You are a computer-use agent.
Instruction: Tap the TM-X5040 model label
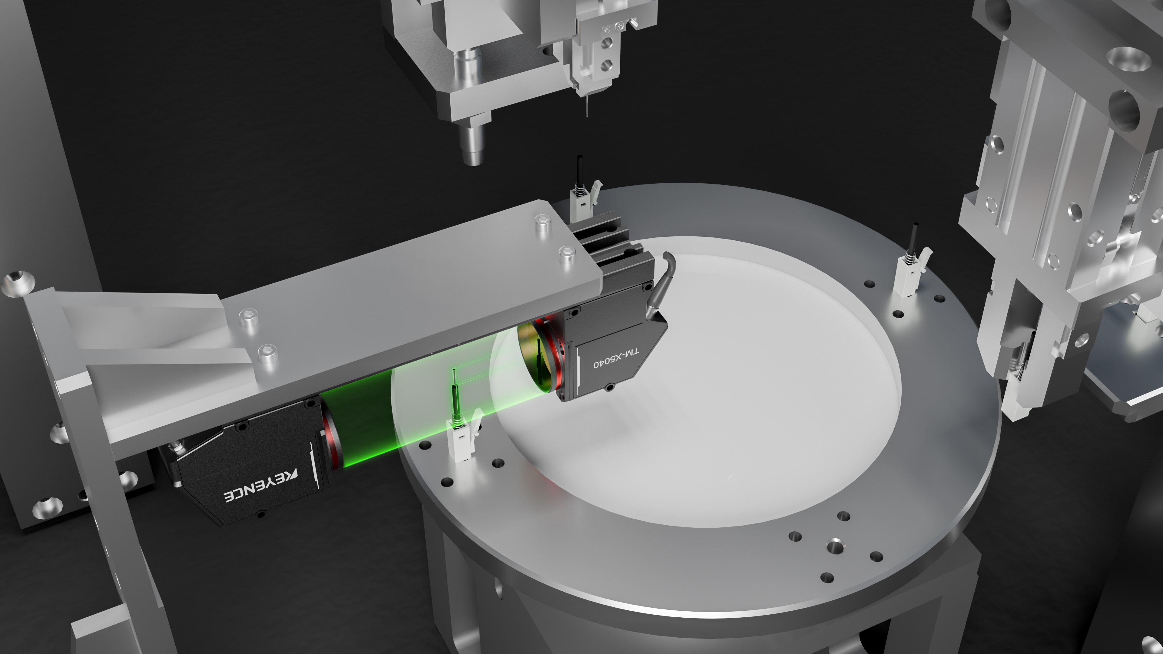(x=616, y=358)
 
